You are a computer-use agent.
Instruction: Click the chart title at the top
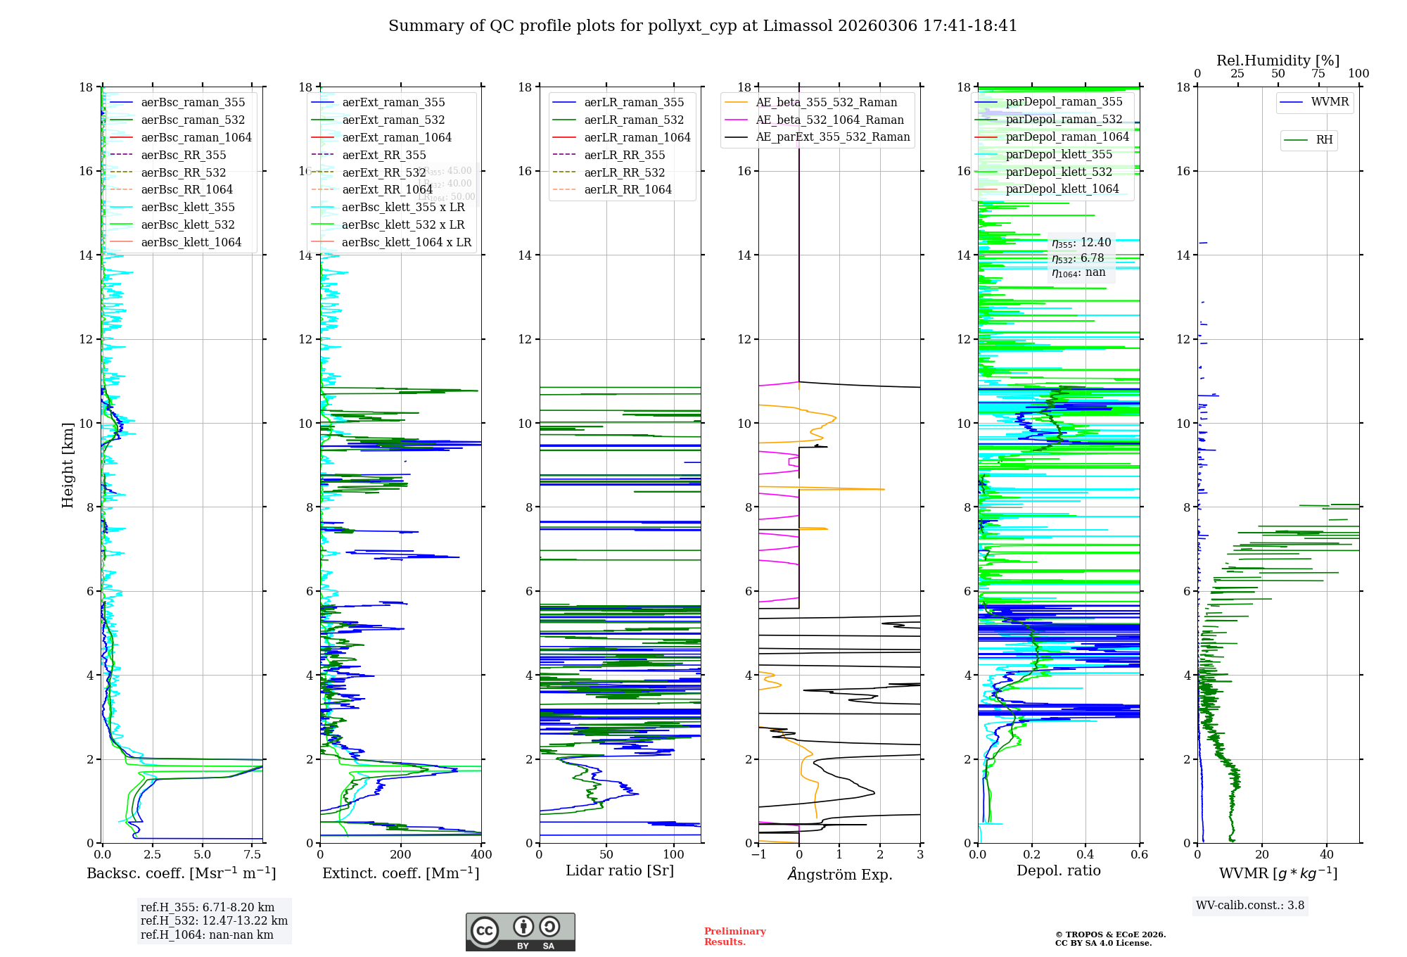(x=703, y=26)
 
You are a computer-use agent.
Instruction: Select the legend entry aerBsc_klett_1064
(x=191, y=242)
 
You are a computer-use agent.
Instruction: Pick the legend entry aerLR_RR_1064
(x=628, y=189)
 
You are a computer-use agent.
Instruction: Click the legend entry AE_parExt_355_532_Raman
(x=832, y=137)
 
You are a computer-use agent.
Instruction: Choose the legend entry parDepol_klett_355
(x=1059, y=154)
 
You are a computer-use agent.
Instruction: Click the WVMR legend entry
(x=1329, y=102)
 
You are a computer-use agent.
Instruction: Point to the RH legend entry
(x=1324, y=140)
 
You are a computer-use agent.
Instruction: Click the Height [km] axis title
(x=68, y=464)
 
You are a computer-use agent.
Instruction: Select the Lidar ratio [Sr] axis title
(x=620, y=870)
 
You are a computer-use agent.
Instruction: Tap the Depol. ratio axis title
(x=1058, y=870)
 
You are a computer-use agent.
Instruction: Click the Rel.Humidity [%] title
(x=1278, y=61)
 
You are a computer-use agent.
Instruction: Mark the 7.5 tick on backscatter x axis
(x=253, y=854)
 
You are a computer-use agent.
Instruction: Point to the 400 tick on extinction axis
(x=481, y=854)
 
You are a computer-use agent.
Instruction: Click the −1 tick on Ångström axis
(x=758, y=854)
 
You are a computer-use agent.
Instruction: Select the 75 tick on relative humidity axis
(x=1318, y=73)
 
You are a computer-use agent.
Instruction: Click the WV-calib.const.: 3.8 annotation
(x=1249, y=906)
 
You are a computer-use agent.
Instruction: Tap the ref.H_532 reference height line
(x=214, y=920)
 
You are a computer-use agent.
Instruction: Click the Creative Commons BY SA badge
(x=520, y=932)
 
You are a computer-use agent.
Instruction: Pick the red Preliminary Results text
(x=734, y=937)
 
